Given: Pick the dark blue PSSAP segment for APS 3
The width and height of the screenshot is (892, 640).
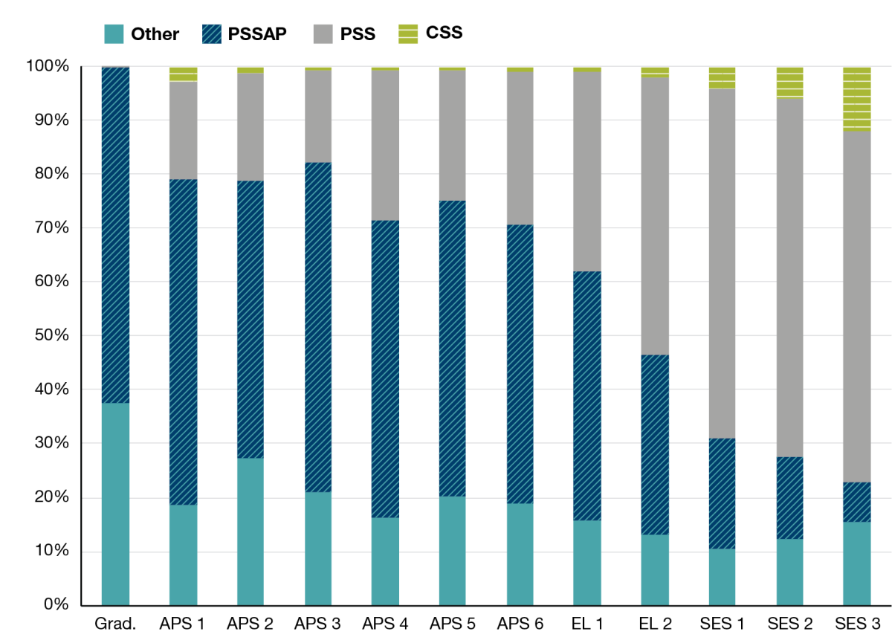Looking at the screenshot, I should (x=318, y=327).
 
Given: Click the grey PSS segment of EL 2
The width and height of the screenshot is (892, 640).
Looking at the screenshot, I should (x=654, y=216).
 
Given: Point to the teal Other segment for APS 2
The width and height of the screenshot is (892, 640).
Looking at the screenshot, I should (x=251, y=531).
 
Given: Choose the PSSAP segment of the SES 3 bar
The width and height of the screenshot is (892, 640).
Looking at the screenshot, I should (x=856, y=502).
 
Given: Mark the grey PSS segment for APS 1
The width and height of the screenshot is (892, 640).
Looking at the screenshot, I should (x=183, y=130).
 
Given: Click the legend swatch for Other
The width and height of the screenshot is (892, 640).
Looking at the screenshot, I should (x=113, y=33).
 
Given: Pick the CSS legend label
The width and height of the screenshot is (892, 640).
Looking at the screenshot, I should (x=445, y=33).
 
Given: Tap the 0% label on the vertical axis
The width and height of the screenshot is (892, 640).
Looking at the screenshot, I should (x=56, y=605).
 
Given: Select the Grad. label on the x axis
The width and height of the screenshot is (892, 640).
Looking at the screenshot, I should (x=115, y=624).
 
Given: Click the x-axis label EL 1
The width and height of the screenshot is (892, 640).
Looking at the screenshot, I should (x=587, y=624).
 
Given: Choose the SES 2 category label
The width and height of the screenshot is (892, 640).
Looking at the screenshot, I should (x=789, y=624).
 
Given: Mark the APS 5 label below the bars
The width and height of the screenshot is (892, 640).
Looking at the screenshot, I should (x=452, y=624).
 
